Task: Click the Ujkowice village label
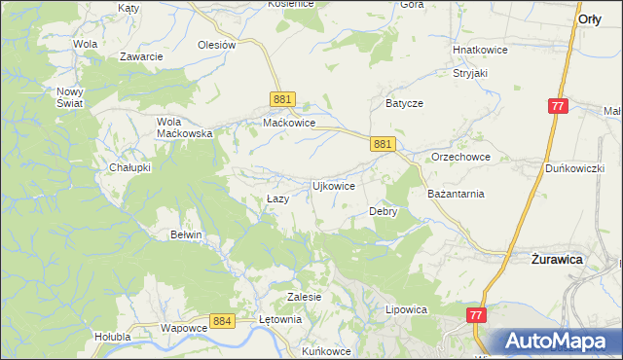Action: pyautogui.click(x=332, y=185)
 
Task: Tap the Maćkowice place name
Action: pyautogui.click(x=289, y=124)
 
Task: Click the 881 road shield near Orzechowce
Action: pyautogui.click(x=383, y=144)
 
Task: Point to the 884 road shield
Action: pyautogui.click(x=222, y=319)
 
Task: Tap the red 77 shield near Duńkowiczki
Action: pyautogui.click(x=557, y=106)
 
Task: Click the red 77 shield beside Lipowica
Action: pyautogui.click(x=476, y=315)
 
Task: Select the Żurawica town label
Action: pyautogui.click(x=557, y=260)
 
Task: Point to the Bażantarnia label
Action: pyautogui.click(x=456, y=194)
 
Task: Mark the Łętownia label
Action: pyautogui.click(x=281, y=318)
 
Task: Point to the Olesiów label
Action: pyautogui.click(x=217, y=45)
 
